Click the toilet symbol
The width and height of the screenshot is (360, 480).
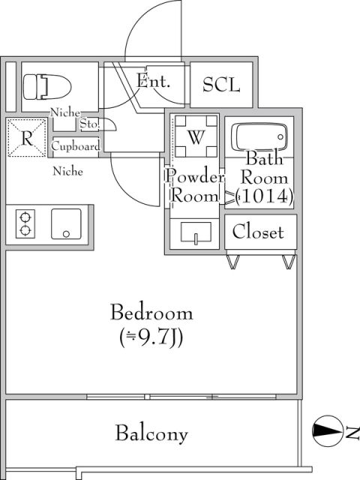[x=43, y=85]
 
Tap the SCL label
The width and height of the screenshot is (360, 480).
[x=222, y=85]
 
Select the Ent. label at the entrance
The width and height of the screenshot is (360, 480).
[x=154, y=81]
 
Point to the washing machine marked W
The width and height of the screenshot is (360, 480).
[x=196, y=136]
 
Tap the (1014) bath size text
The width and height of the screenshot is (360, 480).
[x=264, y=196]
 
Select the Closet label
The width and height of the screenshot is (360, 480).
[x=257, y=232]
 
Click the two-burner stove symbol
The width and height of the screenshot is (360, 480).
[x=25, y=223]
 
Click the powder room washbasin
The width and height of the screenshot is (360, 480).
[x=195, y=234]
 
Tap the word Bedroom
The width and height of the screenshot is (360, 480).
[x=151, y=312]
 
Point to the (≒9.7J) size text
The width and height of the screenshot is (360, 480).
[x=151, y=337]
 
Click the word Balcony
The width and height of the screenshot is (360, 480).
[x=151, y=433]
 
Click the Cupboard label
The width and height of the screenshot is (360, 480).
[x=75, y=147]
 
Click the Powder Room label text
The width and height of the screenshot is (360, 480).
[x=194, y=187]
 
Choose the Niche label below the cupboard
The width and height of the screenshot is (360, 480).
[x=67, y=171]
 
